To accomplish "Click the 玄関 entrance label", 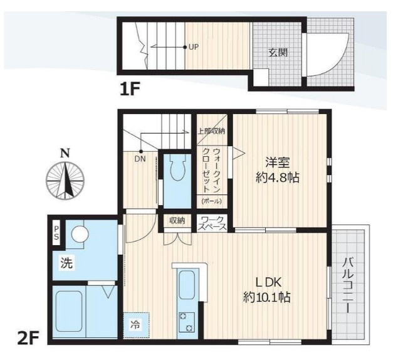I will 278,53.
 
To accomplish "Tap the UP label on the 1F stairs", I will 194,46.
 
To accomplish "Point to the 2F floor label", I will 28,339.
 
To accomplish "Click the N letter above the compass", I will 64,152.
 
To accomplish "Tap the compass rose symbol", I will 64,180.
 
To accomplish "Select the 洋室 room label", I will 275,161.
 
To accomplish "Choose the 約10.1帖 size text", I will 266,297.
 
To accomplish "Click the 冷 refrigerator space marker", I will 136,325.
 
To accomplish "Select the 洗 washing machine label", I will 66,263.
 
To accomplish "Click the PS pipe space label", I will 56,233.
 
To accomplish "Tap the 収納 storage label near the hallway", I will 177,220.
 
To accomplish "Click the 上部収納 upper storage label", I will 211,131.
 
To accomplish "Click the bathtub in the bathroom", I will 68,314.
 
